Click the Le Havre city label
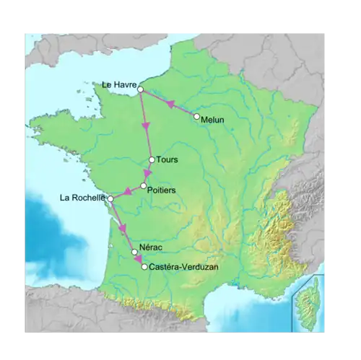click(x=119, y=84)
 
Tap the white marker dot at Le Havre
click(x=141, y=89)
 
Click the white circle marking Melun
click(x=196, y=115)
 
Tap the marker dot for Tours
click(x=152, y=160)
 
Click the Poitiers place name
click(x=162, y=190)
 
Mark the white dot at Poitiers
click(x=144, y=185)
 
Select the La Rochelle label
click(x=84, y=198)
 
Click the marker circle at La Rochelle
click(x=110, y=198)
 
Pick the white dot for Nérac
click(x=134, y=252)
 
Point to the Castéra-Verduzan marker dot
click(x=144, y=267)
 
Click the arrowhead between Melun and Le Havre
click(x=171, y=104)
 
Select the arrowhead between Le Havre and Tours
click(x=146, y=126)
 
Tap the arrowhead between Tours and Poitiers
click(x=148, y=173)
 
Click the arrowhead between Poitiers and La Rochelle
click(x=125, y=192)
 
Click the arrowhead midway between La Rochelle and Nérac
click(x=122, y=228)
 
